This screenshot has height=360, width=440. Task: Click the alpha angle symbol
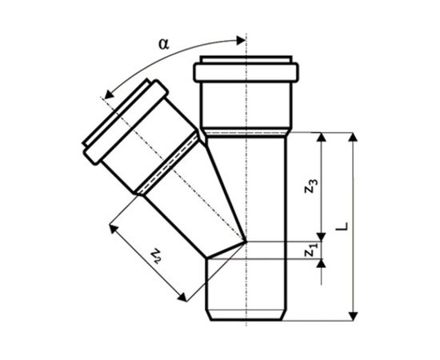164,44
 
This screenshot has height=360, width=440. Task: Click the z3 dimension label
311,186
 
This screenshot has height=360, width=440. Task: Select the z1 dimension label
311,250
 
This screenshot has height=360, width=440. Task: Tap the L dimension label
342,226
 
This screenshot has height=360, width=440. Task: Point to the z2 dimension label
156,256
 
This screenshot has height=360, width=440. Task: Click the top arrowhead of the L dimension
354,138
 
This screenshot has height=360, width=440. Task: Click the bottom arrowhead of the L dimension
354,316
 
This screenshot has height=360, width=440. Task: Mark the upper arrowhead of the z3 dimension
322,138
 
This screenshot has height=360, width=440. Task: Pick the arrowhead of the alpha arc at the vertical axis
241,41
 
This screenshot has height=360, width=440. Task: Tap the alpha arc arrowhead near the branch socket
109,94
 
